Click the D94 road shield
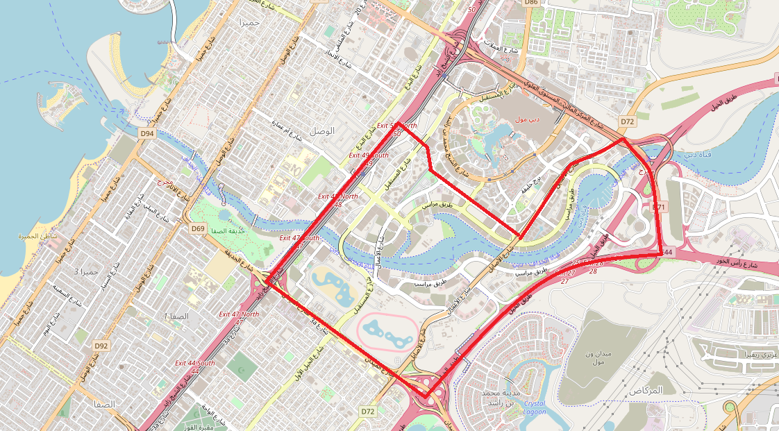tap(146, 133)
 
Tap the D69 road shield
tap(198, 228)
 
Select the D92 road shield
tap(101, 346)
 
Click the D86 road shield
tap(531, 3)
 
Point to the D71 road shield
tap(659, 207)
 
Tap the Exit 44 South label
tap(194, 363)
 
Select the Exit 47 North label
tap(239, 314)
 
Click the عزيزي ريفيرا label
tap(736, 355)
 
